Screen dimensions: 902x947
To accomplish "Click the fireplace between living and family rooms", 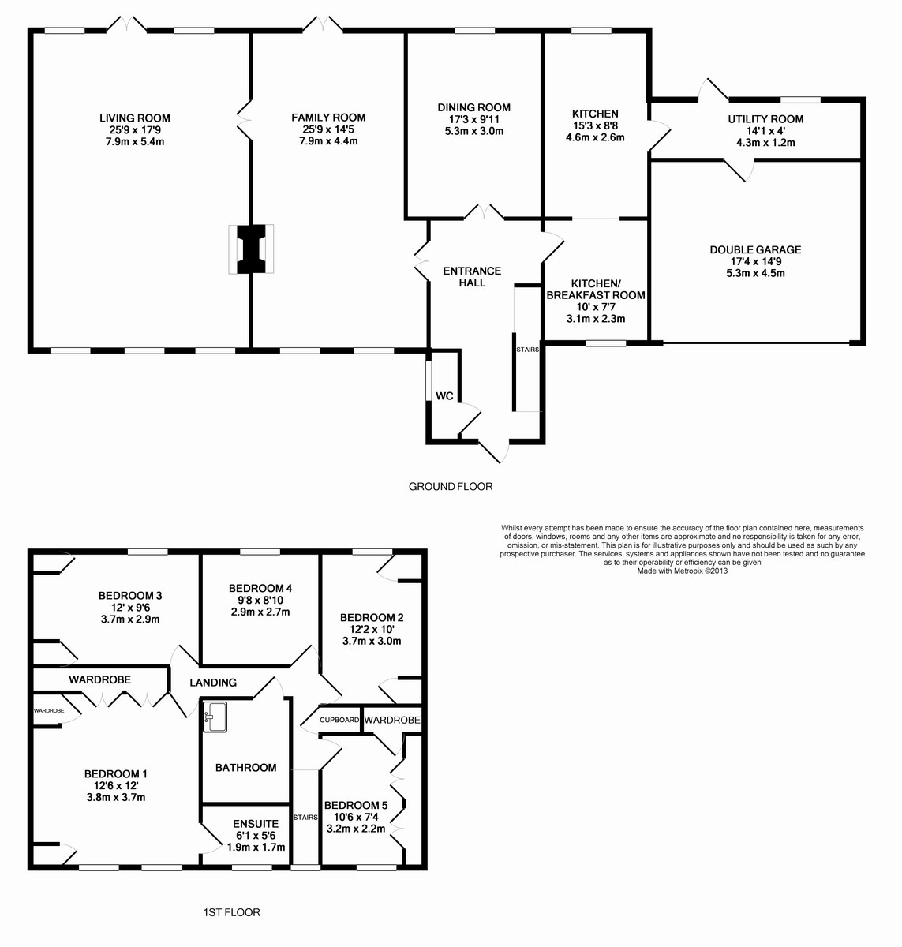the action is pos(251,249).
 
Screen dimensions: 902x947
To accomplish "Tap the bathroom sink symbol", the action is pos(215,717).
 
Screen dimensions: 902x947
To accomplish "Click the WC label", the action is pos(444,396).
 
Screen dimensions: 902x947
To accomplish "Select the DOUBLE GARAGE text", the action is pos(755,249).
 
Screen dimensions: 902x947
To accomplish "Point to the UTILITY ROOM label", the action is pos(765,119).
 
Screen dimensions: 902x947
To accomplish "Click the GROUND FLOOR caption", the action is pos(451,486).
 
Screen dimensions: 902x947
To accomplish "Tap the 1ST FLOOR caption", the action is pos(232,912).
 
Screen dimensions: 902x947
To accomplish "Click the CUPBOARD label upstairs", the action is pos(339,720).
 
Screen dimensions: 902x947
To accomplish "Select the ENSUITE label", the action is pos(256,824).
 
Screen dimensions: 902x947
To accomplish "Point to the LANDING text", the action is pos(213,683).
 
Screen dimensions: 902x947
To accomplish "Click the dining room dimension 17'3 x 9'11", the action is pos(474,119).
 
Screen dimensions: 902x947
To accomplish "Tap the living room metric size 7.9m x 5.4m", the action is pos(135,141).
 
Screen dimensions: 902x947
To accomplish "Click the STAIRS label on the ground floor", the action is pos(528,350).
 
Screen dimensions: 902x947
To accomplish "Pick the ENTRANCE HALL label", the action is pos(472,276).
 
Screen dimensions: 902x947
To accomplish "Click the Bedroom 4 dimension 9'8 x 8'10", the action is pos(260,601).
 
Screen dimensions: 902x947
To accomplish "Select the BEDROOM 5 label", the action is pos(356,805).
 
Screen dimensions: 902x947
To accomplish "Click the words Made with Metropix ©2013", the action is pos(683,571).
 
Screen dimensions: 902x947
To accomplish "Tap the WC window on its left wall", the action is pos(428,380).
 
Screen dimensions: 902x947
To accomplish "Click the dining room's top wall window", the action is pos(474,30).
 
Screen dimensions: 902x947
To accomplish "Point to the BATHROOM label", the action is pos(245,767).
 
